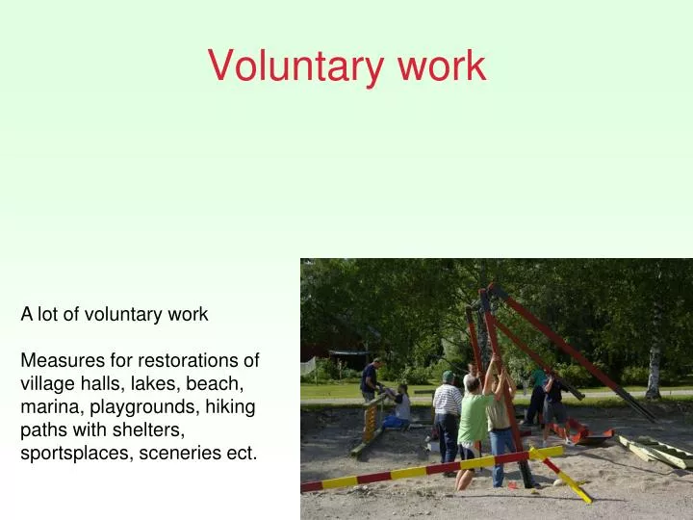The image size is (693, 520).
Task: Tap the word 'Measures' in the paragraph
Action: pyautogui.click(x=56, y=360)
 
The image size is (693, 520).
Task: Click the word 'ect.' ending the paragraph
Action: pyautogui.click(x=242, y=453)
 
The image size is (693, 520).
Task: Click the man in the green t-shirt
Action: pyautogui.click(x=475, y=424)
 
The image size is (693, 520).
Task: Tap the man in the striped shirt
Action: pyautogui.click(x=446, y=409)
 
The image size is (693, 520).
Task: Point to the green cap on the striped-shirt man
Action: pyautogui.click(x=448, y=376)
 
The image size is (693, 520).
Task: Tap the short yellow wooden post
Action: pyautogui.click(x=368, y=424)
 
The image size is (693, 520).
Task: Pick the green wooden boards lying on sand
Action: pyautogui.click(x=654, y=452)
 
